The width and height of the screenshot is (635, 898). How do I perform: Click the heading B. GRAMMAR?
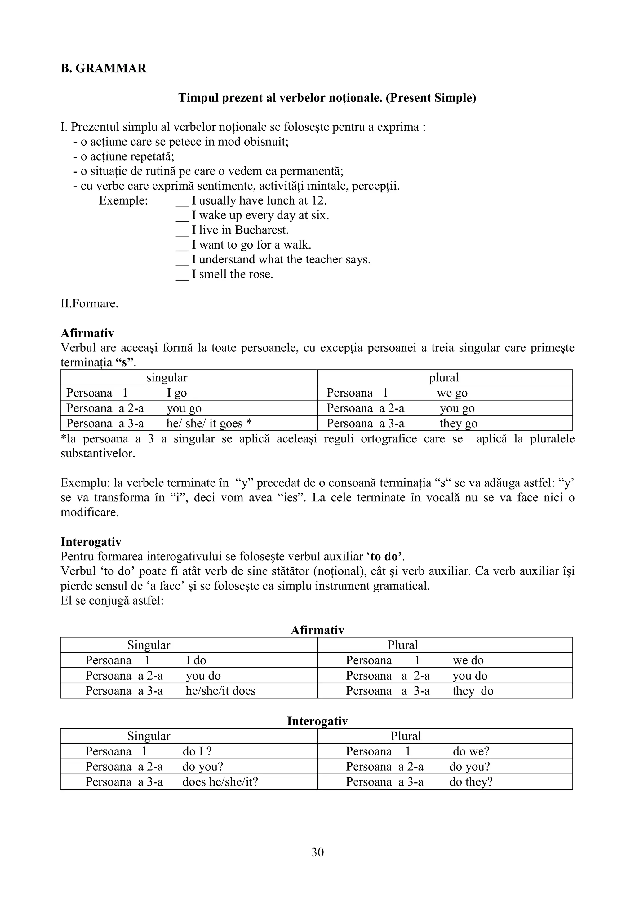pos(103,68)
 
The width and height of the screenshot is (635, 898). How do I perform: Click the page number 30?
pos(317,852)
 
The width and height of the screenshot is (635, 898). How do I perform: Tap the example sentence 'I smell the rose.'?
pos(233,274)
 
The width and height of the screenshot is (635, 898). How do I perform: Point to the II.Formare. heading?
pos(89,303)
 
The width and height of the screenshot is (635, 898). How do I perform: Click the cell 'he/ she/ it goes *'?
pos(209,424)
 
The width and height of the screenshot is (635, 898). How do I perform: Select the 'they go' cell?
pos(458,424)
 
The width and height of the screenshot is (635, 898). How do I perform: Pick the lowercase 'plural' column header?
pos(444,378)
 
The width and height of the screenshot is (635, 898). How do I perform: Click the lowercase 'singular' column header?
pos(167,378)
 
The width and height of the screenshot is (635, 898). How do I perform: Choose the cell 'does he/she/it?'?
pos(220,782)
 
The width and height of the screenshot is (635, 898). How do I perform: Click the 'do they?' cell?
pos(471,782)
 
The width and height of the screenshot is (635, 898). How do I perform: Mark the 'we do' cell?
pos(468,661)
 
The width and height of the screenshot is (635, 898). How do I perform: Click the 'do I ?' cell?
pos(197,752)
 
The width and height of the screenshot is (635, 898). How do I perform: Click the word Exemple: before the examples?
pos(123,201)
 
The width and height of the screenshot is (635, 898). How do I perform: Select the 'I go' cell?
pos(176,393)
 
